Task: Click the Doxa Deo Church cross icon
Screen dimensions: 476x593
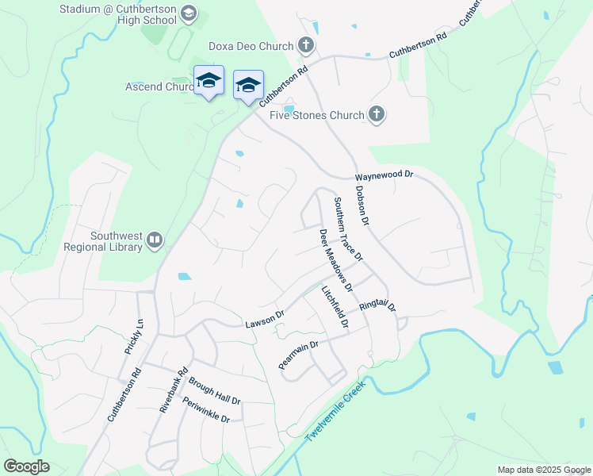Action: (x=306, y=46)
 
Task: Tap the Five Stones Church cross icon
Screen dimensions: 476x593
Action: (x=377, y=115)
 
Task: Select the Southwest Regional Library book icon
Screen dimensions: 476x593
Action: (x=155, y=239)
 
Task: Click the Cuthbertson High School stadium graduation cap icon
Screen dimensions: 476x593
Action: (x=188, y=13)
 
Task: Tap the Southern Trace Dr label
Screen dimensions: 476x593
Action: (x=347, y=229)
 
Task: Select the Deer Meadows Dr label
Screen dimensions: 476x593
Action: (x=335, y=259)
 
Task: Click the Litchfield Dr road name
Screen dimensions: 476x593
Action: (x=335, y=309)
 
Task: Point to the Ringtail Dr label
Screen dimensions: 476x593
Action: (x=377, y=305)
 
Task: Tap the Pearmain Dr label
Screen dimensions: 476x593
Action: (x=298, y=355)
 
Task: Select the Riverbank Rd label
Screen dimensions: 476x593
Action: (x=173, y=390)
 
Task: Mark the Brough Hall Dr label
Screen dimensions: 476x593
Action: (x=214, y=391)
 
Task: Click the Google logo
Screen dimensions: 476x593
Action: (x=26, y=466)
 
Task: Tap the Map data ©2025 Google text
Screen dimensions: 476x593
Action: (x=543, y=470)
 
